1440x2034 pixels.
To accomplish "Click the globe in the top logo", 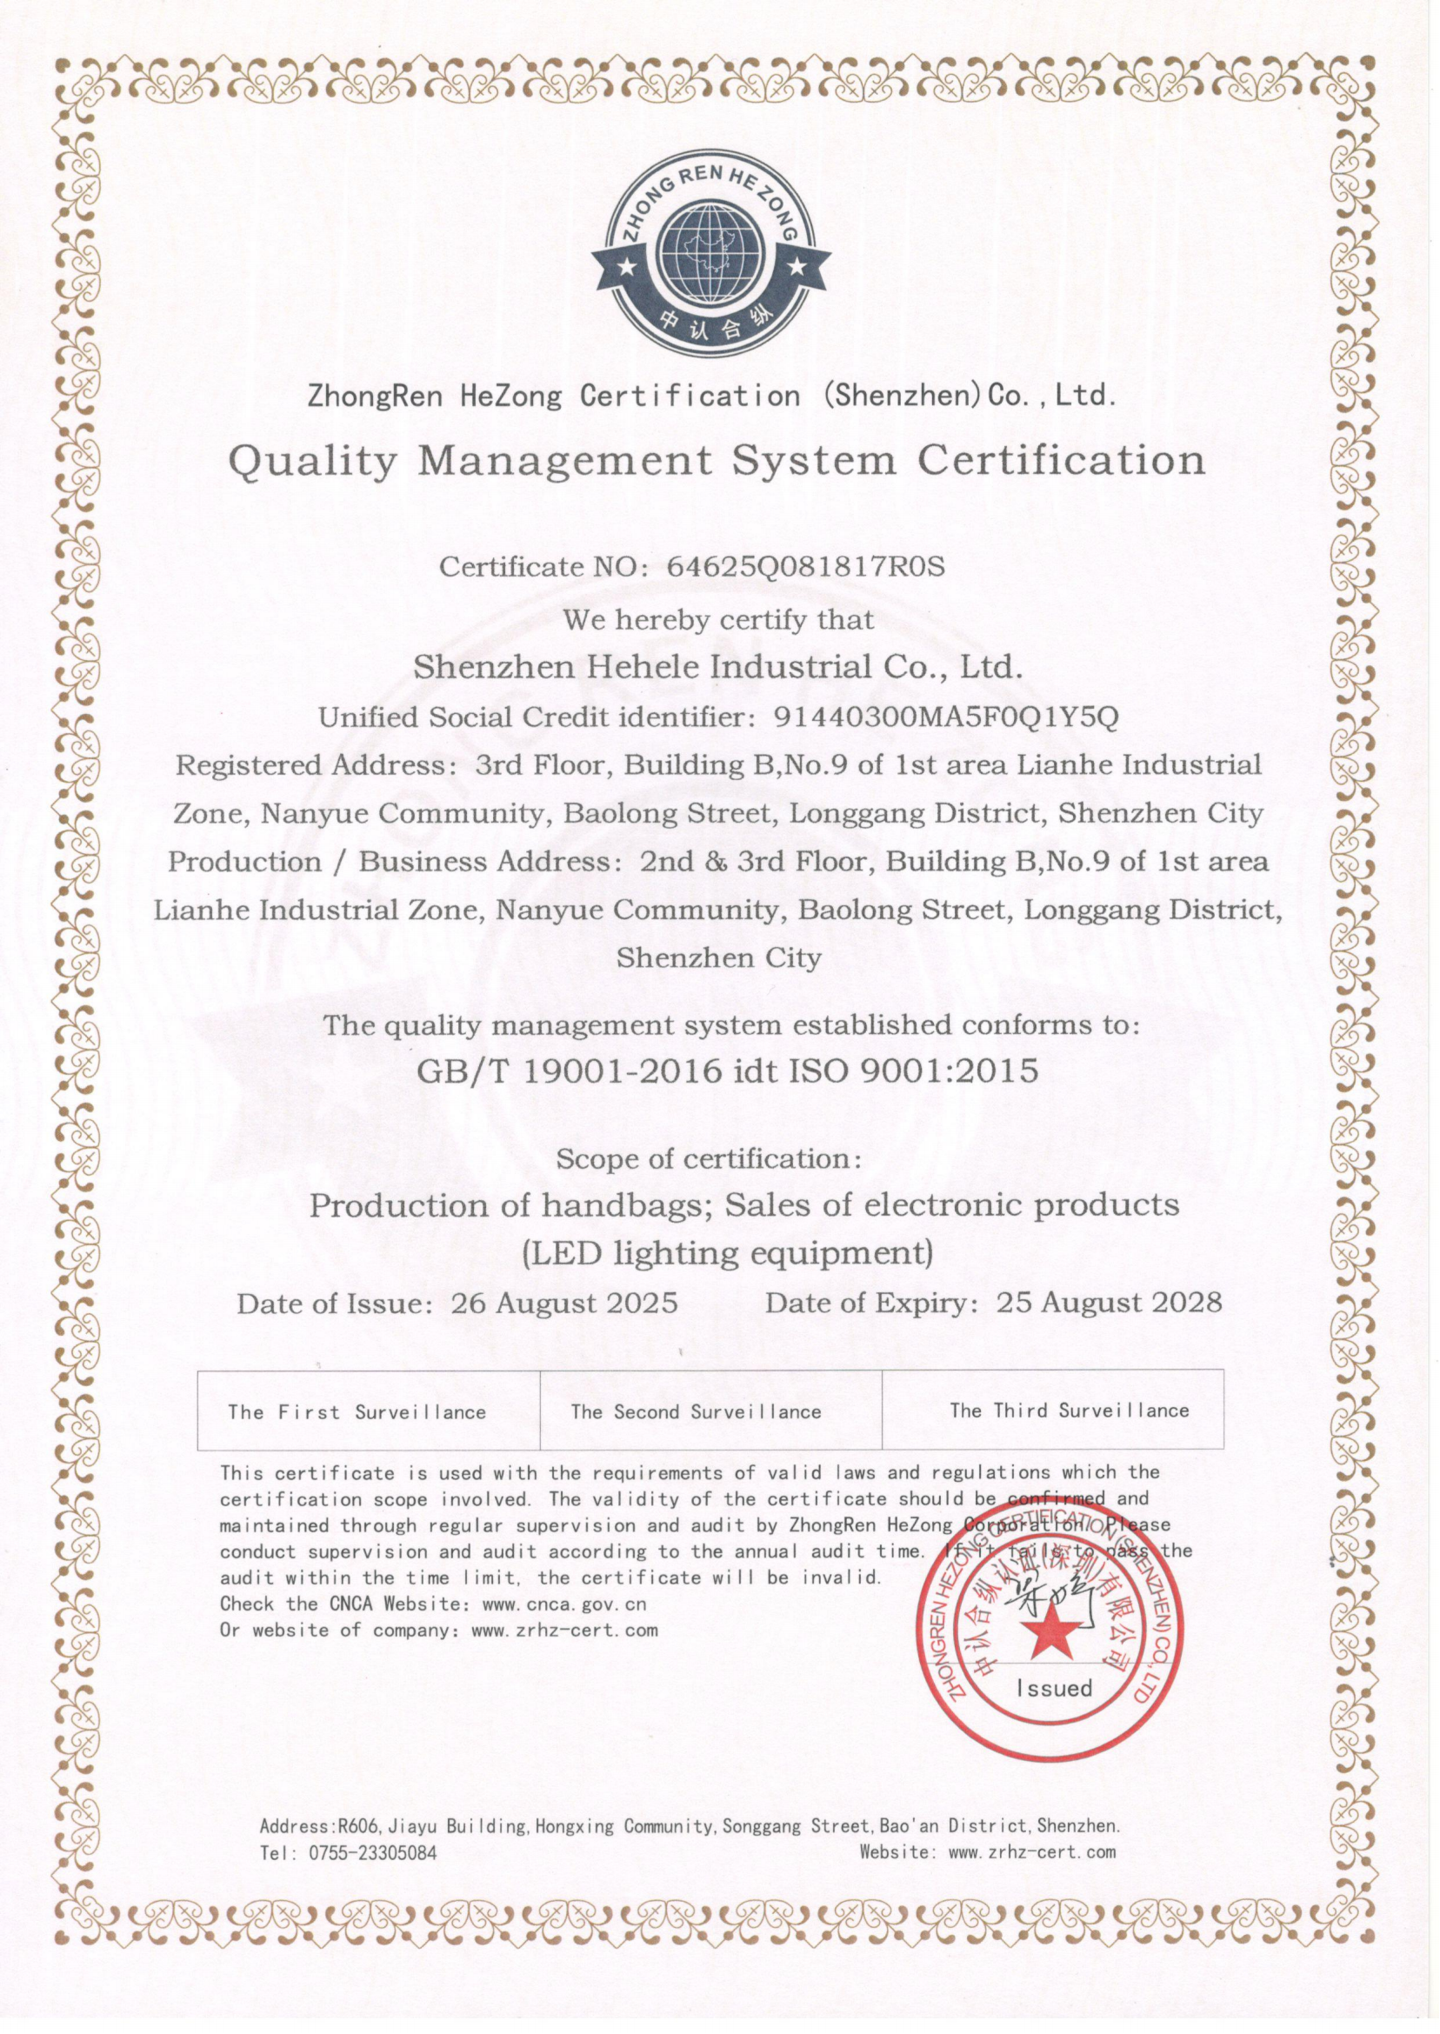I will pyautogui.click(x=711, y=255).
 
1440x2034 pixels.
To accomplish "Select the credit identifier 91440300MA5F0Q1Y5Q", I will pyautogui.click(x=946, y=717).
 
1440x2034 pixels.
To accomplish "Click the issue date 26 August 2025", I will pyautogui.click(x=564, y=1303).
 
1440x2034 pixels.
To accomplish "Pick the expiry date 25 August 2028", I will pyautogui.click(x=1110, y=1302).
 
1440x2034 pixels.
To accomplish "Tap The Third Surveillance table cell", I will pyautogui.click(x=1052, y=1410).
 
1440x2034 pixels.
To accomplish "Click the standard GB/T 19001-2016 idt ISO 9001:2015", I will pyautogui.click(x=727, y=1071).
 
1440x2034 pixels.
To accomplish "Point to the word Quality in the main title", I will pyautogui.click(x=312, y=461).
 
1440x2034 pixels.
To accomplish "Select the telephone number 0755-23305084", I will pyautogui.click(x=372, y=1853).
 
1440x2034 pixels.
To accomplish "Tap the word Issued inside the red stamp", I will pyautogui.click(x=1053, y=1688).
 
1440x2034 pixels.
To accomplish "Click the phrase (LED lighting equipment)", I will pyautogui.click(x=727, y=1253).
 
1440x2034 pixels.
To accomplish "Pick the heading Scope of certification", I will pyautogui.click(x=708, y=1159).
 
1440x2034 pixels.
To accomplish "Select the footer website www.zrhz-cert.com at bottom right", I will pyautogui.click(x=1031, y=1851).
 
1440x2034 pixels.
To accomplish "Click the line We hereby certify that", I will pyautogui.click(x=718, y=619).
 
